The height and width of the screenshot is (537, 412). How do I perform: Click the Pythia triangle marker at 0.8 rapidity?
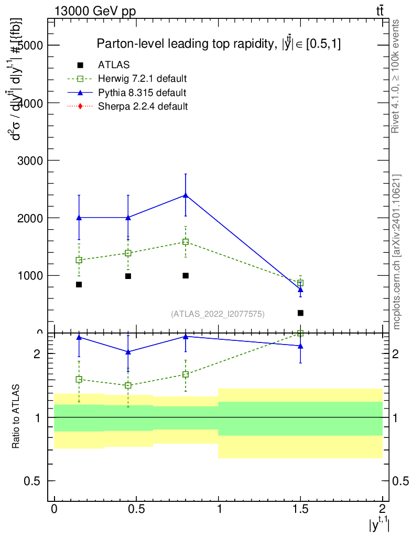point(186,195)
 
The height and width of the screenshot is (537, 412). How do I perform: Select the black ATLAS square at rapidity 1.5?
point(300,313)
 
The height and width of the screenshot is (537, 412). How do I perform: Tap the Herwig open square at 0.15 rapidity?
point(79,260)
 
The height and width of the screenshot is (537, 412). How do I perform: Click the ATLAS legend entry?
point(114,65)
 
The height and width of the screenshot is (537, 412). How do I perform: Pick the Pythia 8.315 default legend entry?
point(142,93)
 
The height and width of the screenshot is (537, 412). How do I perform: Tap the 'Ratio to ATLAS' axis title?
point(16,416)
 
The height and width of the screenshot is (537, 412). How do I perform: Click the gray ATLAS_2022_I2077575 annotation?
point(218,314)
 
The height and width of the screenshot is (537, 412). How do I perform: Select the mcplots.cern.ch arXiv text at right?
point(397,252)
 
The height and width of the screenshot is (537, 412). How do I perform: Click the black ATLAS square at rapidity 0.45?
point(128,276)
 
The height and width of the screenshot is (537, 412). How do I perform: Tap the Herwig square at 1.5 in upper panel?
point(300,283)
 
